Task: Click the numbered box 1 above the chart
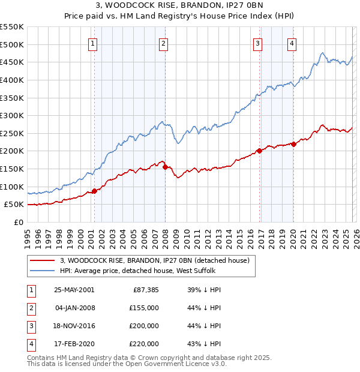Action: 94,43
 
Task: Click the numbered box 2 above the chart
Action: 164,43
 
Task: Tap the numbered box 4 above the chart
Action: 292,43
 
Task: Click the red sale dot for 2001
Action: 94,191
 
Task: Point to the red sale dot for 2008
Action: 164,167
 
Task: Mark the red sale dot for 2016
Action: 259,151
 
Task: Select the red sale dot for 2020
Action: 293,144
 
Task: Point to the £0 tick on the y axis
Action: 19,222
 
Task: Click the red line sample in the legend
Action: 43,260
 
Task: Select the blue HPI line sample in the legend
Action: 43,271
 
